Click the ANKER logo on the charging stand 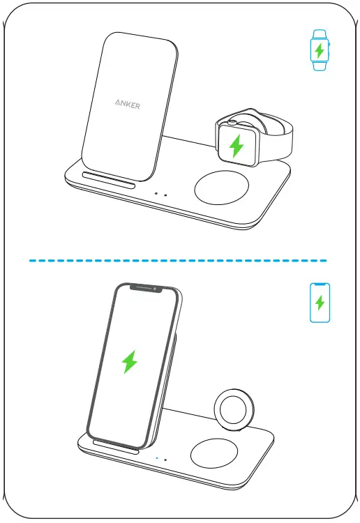point(127,105)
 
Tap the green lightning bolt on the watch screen point(237,145)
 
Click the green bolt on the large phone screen point(129,362)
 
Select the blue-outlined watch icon point(320,51)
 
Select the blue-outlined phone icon point(320,303)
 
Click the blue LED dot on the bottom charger point(158,460)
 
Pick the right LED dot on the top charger point(165,195)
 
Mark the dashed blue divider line point(178,260)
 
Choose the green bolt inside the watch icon point(320,51)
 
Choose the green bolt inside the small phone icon point(320,303)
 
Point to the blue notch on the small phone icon point(320,285)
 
